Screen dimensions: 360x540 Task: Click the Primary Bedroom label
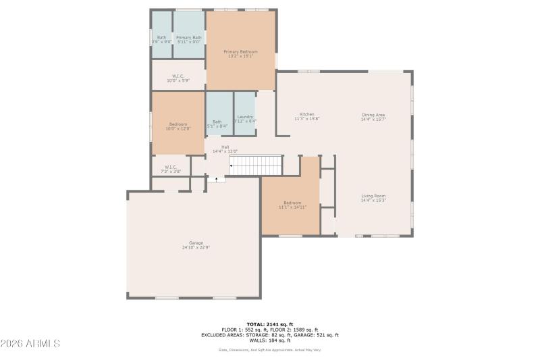coord(240,51)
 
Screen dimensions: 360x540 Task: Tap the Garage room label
coord(196,243)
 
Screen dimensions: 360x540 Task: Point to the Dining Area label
coord(373,115)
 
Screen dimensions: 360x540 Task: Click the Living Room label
coord(373,196)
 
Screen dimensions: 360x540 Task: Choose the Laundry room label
coord(245,117)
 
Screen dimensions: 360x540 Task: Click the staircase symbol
coord(255,165)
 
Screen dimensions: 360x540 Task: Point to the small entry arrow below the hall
coord(217,179)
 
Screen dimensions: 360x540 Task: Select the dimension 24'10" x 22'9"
coord(196,248)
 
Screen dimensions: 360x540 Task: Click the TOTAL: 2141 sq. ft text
coord(269,324)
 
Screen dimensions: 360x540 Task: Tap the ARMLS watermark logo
coord(30,344)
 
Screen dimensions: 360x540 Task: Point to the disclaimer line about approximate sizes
coord(269,350)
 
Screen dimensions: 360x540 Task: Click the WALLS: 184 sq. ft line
coord(269,340)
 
